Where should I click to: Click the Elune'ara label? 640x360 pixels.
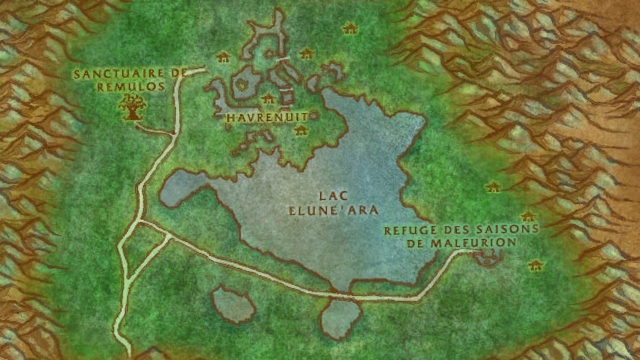[x=333, y=210]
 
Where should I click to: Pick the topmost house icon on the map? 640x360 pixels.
[x=349, y=28]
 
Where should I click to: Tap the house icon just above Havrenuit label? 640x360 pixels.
[x=268, y=99]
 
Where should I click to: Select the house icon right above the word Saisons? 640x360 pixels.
[x=527, y=217]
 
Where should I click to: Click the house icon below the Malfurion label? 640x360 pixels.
[x=534, y=265]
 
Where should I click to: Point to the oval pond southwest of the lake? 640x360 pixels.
[x=234, y=304]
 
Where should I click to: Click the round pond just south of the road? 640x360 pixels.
[x=340, y=319]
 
